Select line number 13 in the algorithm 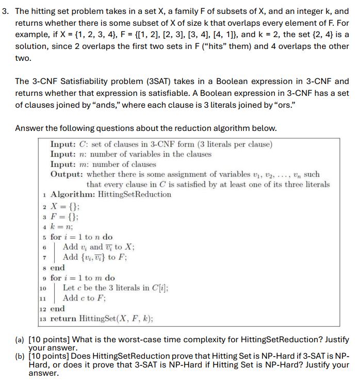coord(43,319)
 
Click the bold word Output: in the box coord(67,174)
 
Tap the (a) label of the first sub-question coord(20,340)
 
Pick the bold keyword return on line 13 coord(63,319)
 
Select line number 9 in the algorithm coord(45,278)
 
